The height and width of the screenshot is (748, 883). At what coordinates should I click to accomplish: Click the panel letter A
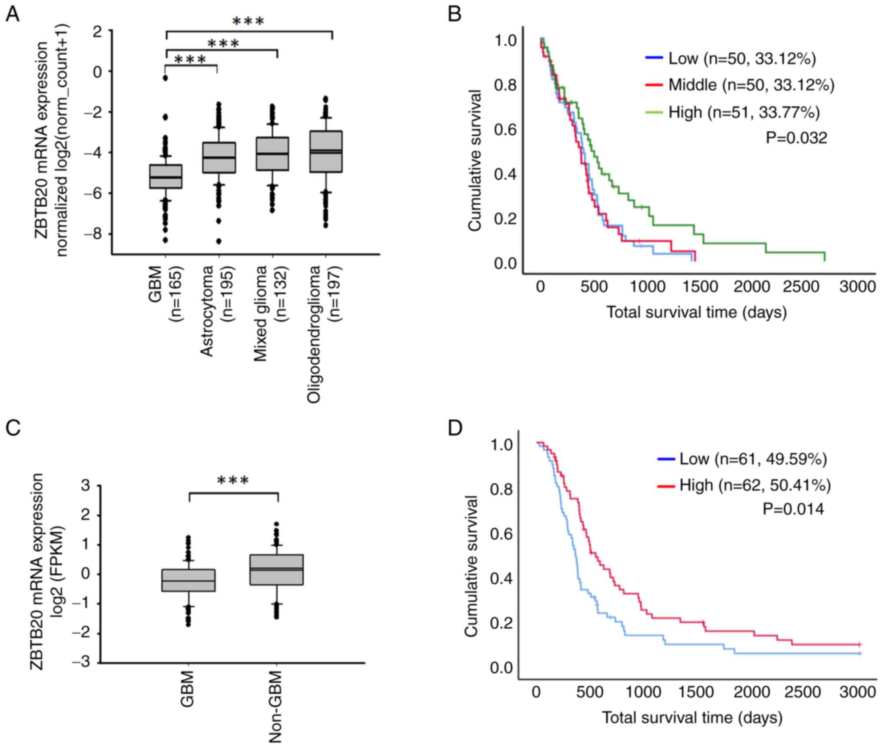[x=12, y=15]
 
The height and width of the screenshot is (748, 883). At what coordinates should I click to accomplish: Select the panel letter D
[x=456, y=429]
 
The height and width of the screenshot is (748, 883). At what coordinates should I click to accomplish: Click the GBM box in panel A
[x=166, y=176]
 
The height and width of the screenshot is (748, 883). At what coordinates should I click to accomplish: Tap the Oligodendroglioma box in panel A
[x=326, y=152]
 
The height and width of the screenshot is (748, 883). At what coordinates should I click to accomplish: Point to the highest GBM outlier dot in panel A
[x=166, y=78]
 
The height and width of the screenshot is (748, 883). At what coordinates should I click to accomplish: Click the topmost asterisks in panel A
[x=248, y=21]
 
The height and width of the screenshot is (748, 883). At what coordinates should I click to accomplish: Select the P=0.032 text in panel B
[x=796, y=138]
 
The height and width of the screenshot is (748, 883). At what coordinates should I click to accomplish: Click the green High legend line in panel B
[x=654, y=112]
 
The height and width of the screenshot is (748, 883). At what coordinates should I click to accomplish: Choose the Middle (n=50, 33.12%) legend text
[x=751, y=85]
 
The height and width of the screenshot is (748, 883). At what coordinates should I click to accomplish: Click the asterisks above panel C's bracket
[x=233, y=481]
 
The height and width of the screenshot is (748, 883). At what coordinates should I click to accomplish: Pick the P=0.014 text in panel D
[x=793, y=509]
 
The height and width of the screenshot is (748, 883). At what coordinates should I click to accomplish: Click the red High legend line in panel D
[x=666, y=485]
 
